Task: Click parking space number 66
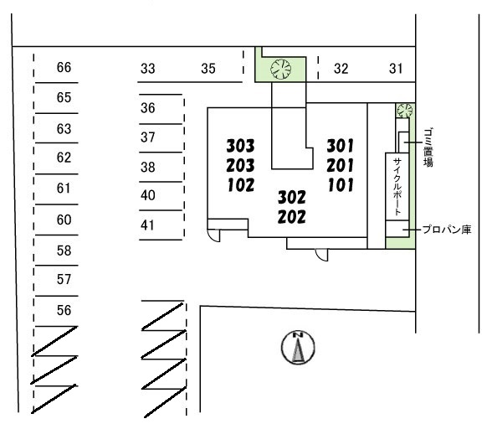point(64,67)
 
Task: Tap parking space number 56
point(64,310)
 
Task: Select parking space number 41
point(147,225)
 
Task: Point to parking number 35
point(208,69)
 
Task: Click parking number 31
point(396,69)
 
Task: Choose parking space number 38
point(148,167)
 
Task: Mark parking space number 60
point(64,220)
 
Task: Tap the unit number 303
point(241,146)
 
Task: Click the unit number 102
point(241,185)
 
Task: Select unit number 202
point(291,217)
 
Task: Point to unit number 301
point(340,146)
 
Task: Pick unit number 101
point(341,185)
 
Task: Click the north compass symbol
point(298,347)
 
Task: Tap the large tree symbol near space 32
point(281,70)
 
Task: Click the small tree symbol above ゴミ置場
point(404,111)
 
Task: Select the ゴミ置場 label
point(428,147)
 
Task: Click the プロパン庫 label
point(447,230)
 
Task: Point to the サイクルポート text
point(397,186)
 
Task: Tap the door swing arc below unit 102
point(214,235)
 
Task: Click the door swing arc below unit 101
point(321,255)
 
